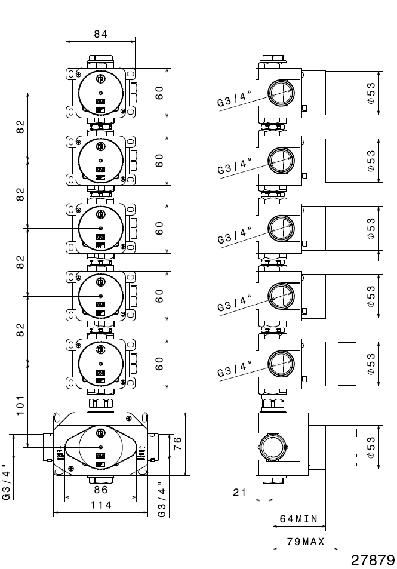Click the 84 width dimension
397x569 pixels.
click(100, 34)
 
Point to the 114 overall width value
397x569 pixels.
click(100, 505)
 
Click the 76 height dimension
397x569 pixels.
click(177, 444)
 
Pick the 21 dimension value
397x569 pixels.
click(240, 492)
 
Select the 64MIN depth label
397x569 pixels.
click(298, 518)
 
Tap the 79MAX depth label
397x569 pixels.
click(305, 542)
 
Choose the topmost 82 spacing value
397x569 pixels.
click(20, 127)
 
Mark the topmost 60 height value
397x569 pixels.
click(159, 93)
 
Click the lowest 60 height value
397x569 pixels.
click(159, 363)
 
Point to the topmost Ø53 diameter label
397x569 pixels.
click(371, 93)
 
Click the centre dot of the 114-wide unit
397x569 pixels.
click(100, 447)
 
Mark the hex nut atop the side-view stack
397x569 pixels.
click(272, 61)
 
